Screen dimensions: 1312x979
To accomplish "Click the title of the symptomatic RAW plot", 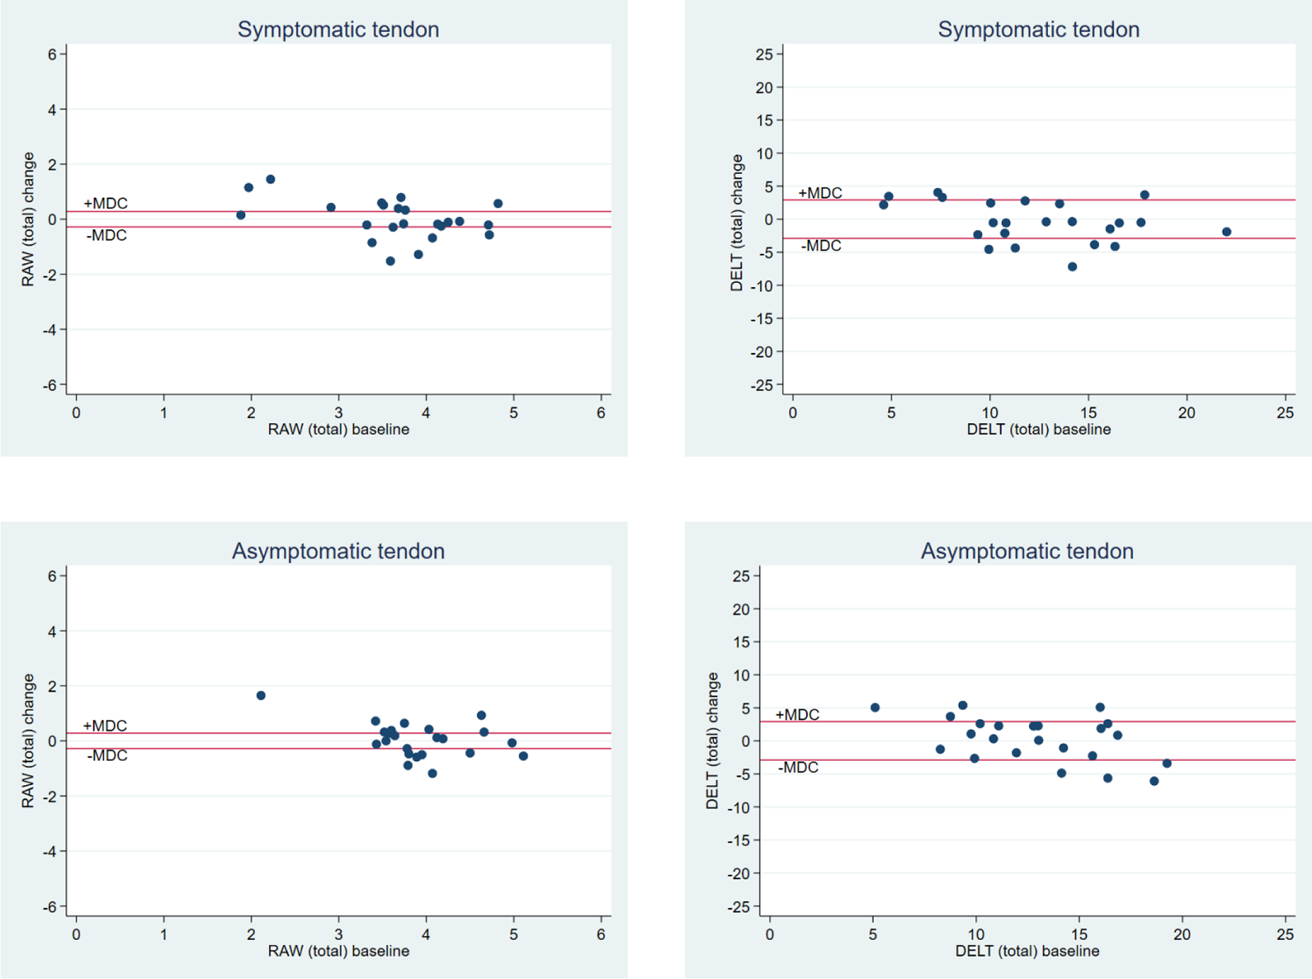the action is click(338, 29).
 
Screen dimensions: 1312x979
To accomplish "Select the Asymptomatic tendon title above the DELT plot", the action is click(1027, 551).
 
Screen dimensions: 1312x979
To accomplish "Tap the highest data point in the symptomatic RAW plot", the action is click(270, 179).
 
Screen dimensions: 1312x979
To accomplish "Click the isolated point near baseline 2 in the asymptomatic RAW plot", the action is click(261, 696).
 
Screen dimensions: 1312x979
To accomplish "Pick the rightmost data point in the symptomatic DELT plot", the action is click(1227, 232).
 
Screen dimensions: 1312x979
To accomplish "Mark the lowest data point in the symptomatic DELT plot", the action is click(1073, 266).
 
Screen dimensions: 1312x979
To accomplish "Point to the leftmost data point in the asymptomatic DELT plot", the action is click(875, 708).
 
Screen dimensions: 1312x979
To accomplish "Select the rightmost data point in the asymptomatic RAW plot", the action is click(523, 756).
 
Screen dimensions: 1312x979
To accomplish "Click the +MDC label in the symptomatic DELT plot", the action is click(820, 193).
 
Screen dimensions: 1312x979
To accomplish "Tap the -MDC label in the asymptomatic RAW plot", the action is click(107, 756).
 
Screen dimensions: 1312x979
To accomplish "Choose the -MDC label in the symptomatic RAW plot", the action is click(107, 235).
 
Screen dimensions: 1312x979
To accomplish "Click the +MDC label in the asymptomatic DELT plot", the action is click(798, 715).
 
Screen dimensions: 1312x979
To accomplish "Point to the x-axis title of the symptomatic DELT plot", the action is click(1038, 429).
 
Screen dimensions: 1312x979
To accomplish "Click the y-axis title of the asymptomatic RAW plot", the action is click(28, 741).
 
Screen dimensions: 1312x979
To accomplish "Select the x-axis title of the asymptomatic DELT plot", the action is click(1027, 951).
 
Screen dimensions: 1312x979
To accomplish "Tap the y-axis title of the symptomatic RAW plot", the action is click(28, 219).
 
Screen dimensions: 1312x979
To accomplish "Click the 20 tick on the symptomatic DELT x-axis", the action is click(1186, 413).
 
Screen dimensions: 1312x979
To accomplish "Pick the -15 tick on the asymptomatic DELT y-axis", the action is click(738, 841).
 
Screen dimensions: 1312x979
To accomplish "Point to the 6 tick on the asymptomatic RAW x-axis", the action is click(601, 934).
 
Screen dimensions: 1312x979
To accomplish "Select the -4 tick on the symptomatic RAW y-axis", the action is click(49, 330).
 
